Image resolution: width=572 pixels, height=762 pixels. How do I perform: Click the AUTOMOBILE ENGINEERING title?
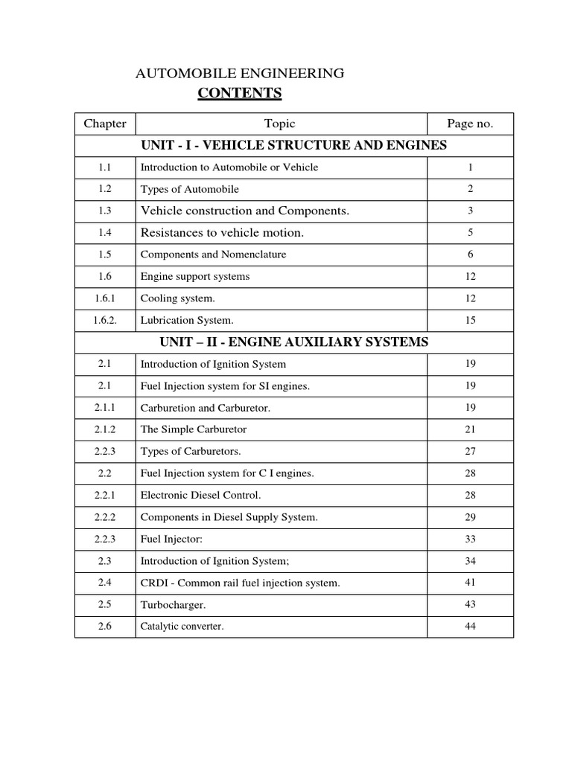pyautogui.click(x=238, y=73)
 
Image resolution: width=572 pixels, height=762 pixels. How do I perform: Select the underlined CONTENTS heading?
pyautogui.click(x=240, y=93)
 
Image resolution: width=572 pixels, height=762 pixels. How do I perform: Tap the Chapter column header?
pyautogui.click(x=105, y=124)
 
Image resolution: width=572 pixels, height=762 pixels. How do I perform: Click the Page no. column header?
pyautogui.click(x=470, y=124)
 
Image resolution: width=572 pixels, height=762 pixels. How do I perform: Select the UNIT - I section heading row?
pyautogui.click(x=293, y=145)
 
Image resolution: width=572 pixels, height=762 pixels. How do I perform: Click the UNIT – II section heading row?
pyautogui.click(x=293, y=342)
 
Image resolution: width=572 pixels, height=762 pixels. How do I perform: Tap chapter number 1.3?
pyautogui.click(x=105, y=211)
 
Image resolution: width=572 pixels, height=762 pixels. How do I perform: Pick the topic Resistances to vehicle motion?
pyautogui.click(x=223, y=233)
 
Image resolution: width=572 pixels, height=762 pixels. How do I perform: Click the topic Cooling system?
pyautogui.click(x=178, y=298)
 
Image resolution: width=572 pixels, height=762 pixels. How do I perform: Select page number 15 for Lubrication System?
pyautogui.click(x=470, y=320)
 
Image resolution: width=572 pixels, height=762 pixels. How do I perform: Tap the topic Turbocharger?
pyautogui.click(x=173, y=605)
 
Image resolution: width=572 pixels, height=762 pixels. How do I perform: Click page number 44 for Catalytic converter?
pyautogui.click(x=470, y=627)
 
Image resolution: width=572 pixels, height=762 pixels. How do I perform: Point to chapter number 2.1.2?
pyautogui.click(x=105, y=429)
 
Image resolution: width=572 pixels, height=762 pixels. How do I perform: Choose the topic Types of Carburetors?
pyautogui.click(x=191, y=452)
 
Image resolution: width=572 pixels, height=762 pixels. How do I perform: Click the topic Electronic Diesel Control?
pyautogui.click(x=201, y=495)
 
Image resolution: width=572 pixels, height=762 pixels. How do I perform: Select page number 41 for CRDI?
pyautogui.click(x=470, y=583)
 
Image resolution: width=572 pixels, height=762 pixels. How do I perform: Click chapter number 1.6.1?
pyautogui.click(x=105, y=298)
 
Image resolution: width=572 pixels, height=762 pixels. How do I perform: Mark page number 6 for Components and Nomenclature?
pyautogui.click(x=470, y=254)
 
